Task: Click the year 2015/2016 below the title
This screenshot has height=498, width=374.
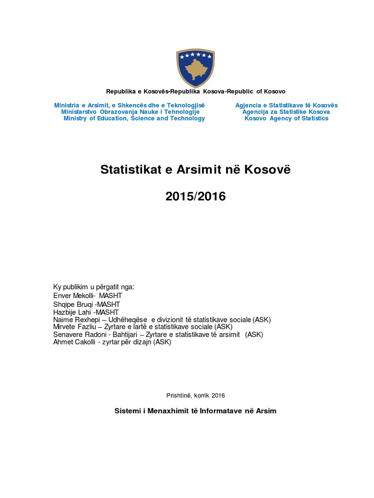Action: pos(195,197)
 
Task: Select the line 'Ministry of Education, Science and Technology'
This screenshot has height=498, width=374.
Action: pos(134,119)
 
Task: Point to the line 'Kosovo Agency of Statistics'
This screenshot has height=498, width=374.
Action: pos(286,119)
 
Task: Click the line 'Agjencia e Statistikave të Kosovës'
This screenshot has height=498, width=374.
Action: pos(286,106)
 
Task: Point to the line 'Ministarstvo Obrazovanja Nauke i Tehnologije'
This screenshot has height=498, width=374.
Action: pos(131,112)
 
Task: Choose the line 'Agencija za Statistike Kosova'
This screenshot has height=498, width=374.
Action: pos(286,112)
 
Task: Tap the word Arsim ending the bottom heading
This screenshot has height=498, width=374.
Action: pos(265,411)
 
